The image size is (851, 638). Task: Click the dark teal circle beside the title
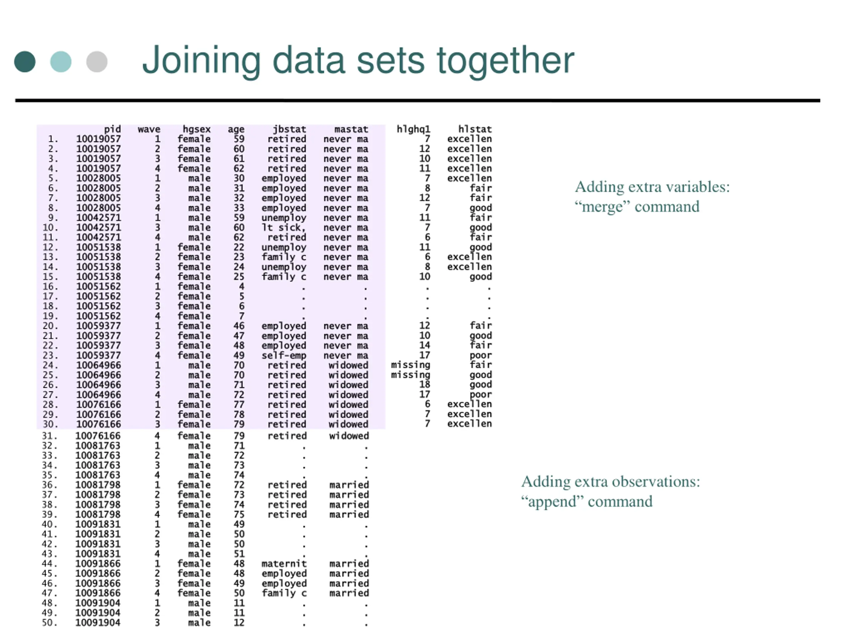point(25,61)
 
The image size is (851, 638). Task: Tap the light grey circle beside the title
point(96,61)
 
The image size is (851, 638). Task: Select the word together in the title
point(505,60)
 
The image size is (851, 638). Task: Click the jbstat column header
point(289,129)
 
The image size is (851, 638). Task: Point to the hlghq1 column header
point(413,129)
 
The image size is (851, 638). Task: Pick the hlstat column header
point(475,129)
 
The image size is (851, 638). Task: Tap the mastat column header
point(351,129)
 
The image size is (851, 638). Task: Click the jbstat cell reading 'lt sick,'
point(284,228)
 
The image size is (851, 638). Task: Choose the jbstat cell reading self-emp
point(284,355)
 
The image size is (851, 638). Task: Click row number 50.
point(50,623)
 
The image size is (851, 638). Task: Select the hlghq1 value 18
point(425,384)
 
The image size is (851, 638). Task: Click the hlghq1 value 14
point(425,345)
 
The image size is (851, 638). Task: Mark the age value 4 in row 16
point(241,286)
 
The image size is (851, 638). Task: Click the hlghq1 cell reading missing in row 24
point(410,365)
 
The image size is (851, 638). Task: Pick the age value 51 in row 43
point(239,554)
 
